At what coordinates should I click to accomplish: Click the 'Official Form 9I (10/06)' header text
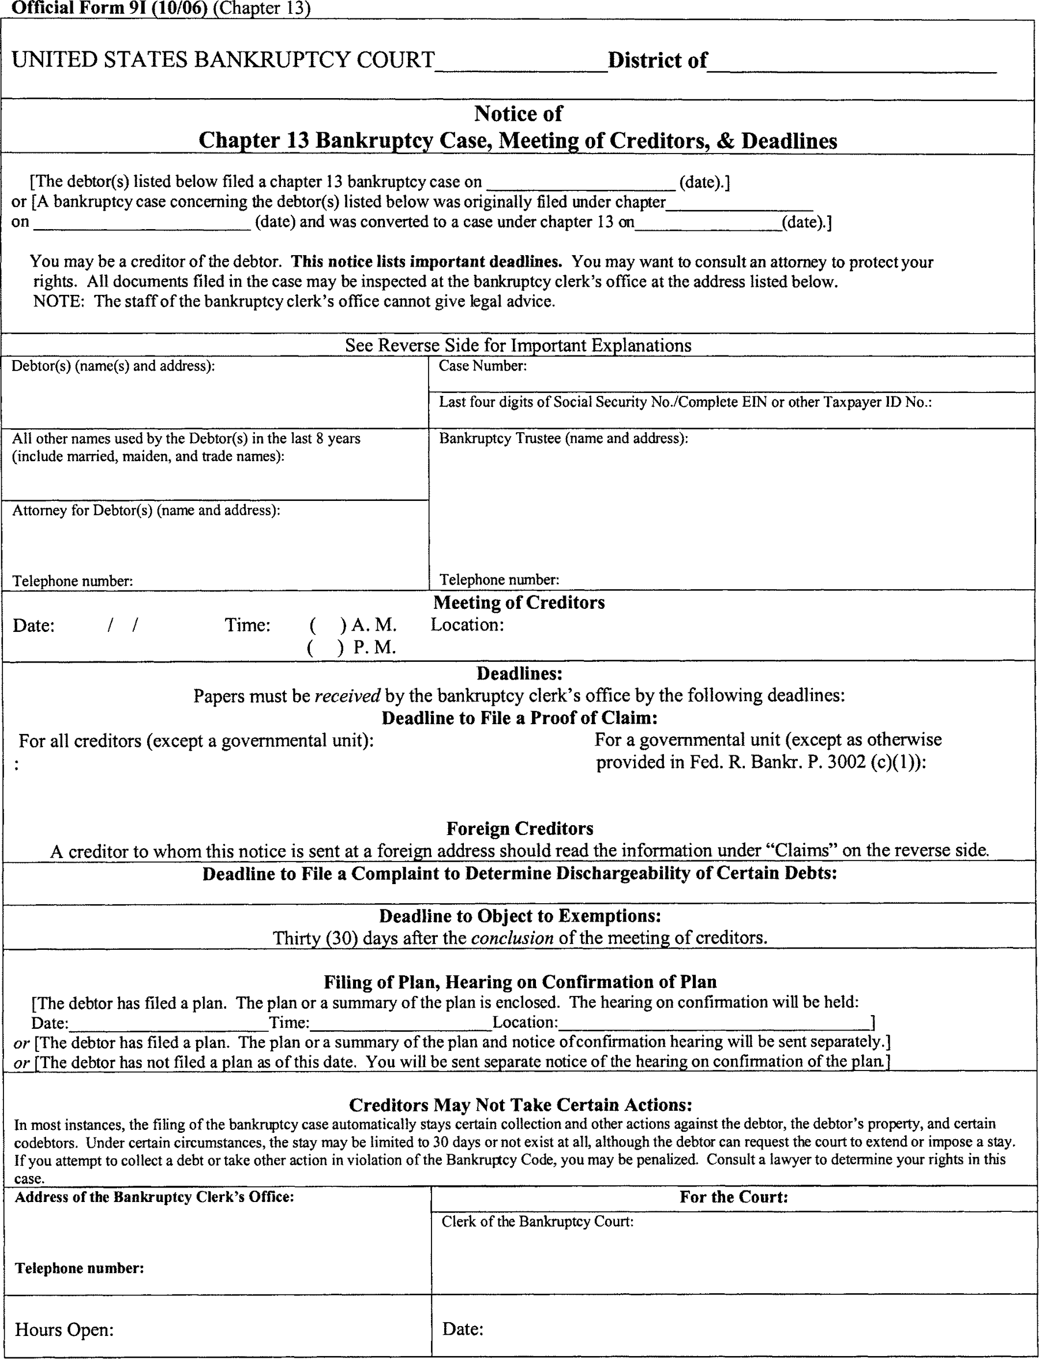(110, 8)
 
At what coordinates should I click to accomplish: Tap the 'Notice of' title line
(518, 113)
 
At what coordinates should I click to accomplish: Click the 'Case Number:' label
(482, 366)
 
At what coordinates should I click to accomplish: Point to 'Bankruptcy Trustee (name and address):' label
(564, 438)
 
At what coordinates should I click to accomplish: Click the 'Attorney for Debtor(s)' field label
(146, 510)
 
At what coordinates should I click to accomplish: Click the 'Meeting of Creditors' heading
(519, 602)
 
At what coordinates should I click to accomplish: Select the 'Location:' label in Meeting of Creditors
(467, 625)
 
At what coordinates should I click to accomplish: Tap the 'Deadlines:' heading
(519, 673)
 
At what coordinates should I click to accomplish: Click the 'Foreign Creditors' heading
(519, 828)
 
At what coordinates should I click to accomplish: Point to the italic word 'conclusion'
(512, 938)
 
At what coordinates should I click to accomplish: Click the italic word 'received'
(347, 696)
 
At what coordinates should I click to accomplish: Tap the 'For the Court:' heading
(733, 1197)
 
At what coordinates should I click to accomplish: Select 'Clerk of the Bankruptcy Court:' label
(538, 1222)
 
